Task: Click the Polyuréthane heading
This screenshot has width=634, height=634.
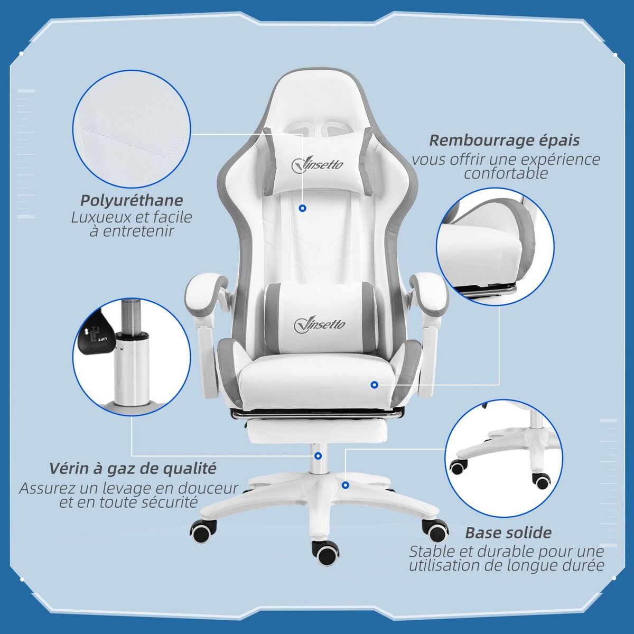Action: [132, 201]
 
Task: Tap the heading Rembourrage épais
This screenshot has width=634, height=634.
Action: [504, 141]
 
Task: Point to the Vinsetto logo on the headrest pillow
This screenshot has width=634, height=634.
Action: [317, 164]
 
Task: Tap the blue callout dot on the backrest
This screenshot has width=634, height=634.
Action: [302, 209]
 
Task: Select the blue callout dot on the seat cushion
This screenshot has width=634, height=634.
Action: [374, 385]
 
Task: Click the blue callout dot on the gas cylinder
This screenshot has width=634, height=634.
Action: [318, 455]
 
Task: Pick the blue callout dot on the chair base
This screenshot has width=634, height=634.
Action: [345, 484]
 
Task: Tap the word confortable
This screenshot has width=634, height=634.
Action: [506, 173]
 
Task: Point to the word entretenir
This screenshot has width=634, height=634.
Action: [132, 231]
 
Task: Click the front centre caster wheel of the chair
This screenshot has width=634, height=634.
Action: [325, 552]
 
